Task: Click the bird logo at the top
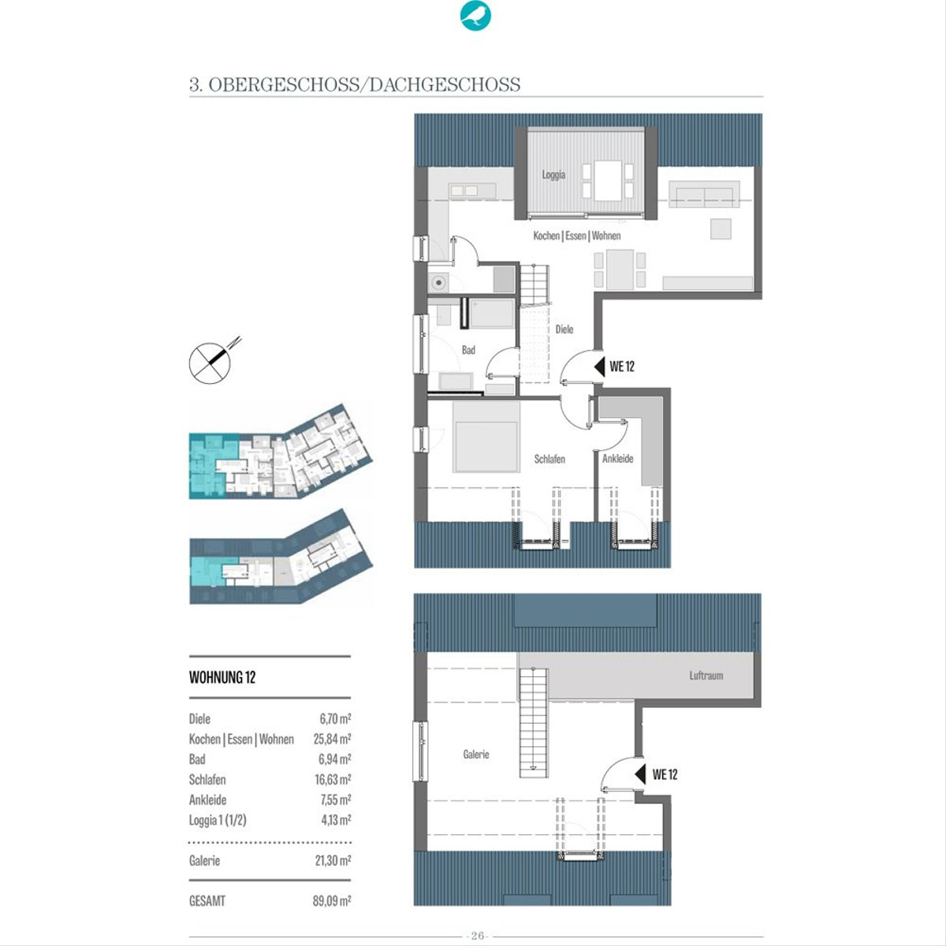[475, 17]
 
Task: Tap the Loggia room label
[553, 174]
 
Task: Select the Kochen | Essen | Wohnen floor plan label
[577, 236]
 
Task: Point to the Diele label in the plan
[564, 329]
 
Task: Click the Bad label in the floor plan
[468, 350]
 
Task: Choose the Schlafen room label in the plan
[549, 459]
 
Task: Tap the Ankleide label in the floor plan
[617, 459]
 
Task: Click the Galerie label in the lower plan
[475, 754]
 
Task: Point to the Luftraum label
[706, 676]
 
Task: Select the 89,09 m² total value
[332, 901]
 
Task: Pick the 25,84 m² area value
[332, 739]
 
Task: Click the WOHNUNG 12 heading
[222, 677]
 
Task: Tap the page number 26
[478, 935]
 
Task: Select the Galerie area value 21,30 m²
[333, 861]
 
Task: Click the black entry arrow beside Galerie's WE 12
[640, 774]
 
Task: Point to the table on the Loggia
[608, 181]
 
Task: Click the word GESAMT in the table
[207, 901]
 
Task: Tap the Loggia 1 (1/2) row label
[218, 821]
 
